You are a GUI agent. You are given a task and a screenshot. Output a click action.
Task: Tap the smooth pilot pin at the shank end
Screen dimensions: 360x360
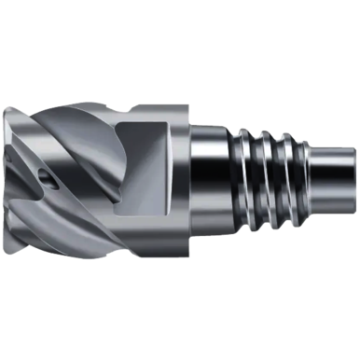(x=327, y=177)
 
